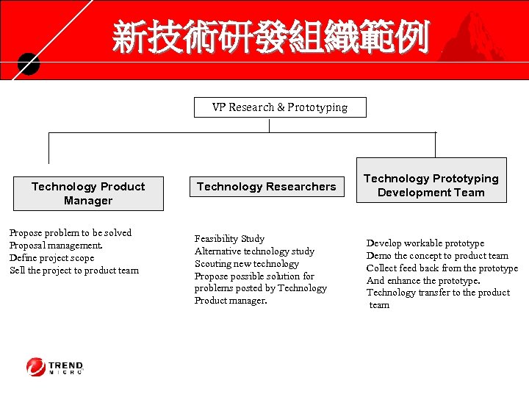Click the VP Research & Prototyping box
click(279, 107)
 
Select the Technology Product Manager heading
click(88, 193)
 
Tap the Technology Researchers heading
click(266, 187)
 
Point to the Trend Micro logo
click(55, 366)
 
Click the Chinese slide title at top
click(270, 37)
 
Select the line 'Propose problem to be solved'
click(71, 233)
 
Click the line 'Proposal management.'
click(56, 246)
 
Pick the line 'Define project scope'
click(51, 258)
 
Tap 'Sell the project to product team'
click(74, 271)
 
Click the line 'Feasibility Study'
click(229, 239)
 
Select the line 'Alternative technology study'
click(254, 251)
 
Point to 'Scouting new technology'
click(247, 264)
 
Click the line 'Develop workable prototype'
click(425, 243)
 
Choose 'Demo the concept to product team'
click(437, 256)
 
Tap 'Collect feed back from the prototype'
click(442, 268)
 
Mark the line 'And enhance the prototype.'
click(423, 281)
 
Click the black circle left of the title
click(29, 64)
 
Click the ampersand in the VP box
click(280, 107)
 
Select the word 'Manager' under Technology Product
click(88, 201)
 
